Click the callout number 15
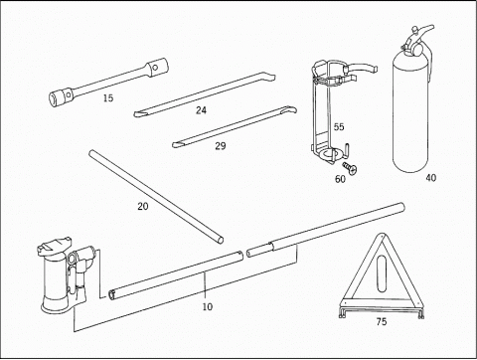coord(108,98)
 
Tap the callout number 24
coord(201,110)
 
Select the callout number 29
coord(221,146)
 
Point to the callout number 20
coord(143,206)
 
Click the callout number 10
coord(208,306)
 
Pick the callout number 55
coord(339,126)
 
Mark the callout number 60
coord(340,179)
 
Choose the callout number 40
coord(430,178)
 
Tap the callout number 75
coord(382,321)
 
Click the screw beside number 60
coord(350,168)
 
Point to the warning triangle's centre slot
coord(382,273)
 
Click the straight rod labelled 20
coord(156,197)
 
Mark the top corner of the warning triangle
coord(382,235)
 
